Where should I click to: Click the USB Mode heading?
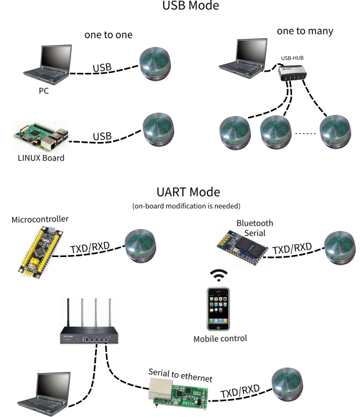191,6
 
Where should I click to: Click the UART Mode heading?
188,192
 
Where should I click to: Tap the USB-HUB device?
292,73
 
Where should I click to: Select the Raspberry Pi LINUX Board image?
41,137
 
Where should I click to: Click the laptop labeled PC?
48,65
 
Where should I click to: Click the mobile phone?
219,309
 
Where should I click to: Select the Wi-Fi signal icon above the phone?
219,276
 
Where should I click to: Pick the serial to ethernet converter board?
178,392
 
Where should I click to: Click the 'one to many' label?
305,31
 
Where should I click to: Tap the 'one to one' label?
109,35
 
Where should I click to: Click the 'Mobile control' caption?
220,339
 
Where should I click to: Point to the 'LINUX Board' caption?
41,158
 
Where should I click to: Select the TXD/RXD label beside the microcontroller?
90,247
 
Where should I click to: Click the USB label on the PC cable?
102,67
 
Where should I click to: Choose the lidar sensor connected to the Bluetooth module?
340,248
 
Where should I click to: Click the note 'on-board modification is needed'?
186,206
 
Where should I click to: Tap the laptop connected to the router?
44,394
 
